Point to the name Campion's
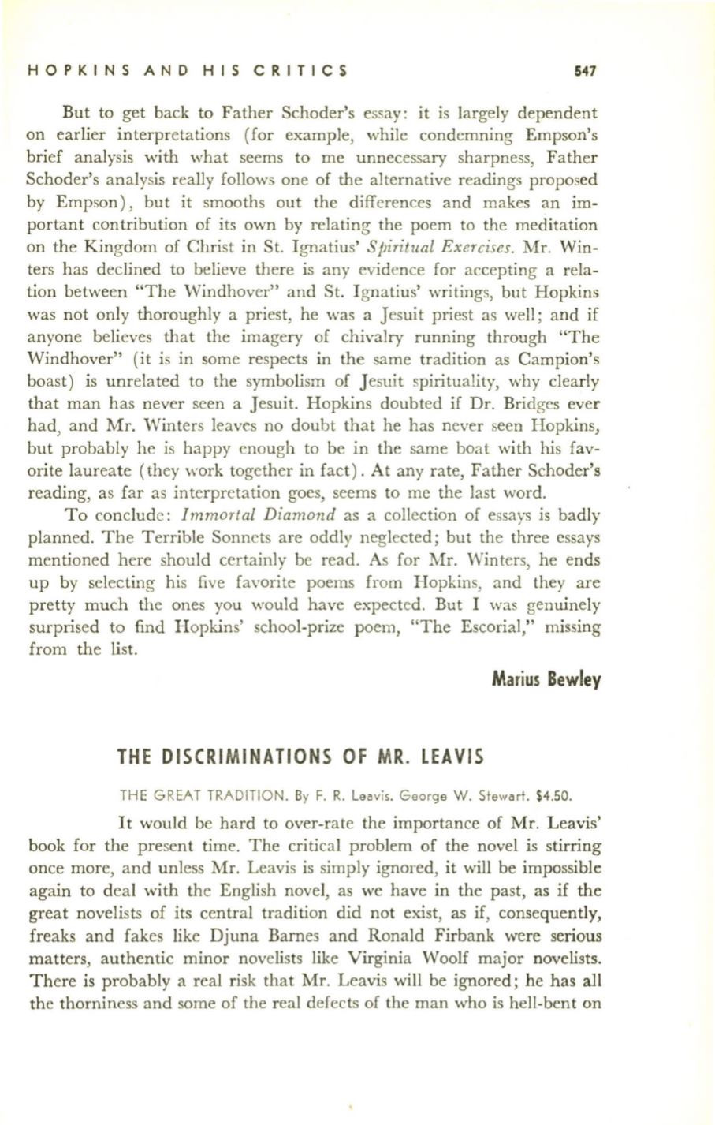click(x=562, y=358)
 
